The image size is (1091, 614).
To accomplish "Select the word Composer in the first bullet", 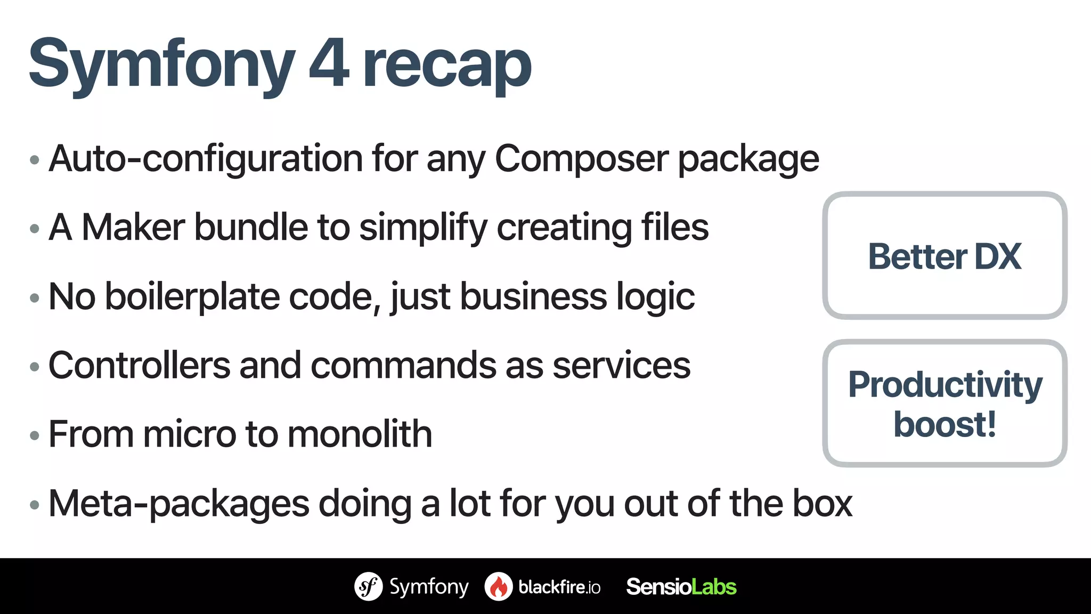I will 582,159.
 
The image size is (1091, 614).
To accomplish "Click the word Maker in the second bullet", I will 133,228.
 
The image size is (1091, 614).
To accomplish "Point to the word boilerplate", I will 192,297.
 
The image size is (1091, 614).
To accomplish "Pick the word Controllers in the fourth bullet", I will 139,366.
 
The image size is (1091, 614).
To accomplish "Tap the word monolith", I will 360,434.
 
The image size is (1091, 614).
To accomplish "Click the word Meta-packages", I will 178,504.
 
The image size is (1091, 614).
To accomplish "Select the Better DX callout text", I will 945,256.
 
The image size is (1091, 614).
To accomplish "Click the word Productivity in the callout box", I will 945,384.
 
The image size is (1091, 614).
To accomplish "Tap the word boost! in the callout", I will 945,425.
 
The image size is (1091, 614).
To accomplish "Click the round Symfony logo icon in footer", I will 368,586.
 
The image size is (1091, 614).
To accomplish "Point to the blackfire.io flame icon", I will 499,586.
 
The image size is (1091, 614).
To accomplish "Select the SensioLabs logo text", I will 681,587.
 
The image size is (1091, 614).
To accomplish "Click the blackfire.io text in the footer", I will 559,587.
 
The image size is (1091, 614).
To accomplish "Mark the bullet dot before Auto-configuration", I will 35,160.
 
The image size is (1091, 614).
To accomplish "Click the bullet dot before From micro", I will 35,436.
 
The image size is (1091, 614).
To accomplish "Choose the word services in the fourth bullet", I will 621,366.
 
